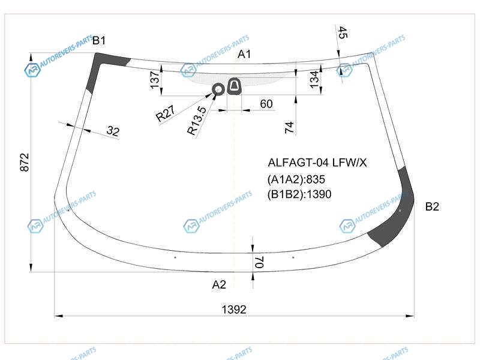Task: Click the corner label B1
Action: pos(99,40)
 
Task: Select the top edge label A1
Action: pos(244,54)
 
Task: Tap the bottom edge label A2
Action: pos(219,284)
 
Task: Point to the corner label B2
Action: pos(432,206)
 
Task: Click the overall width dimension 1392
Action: pos(234,310)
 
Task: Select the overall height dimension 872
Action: pos(25,162)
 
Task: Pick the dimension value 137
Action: pos(155,80)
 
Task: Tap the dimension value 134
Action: pos(314,80)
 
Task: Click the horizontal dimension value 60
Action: pos(266,104)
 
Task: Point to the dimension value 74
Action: pos(289,127)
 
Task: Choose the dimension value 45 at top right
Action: pos(343,32)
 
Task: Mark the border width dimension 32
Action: pos(113,131)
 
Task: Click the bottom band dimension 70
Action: pos(259,262)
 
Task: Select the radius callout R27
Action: pos(165,113)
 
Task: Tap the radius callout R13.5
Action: pos(197,121)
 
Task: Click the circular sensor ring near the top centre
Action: pos(218,89)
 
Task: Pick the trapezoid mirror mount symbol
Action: pos(234,86)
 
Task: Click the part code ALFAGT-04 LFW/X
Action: pos(317,163)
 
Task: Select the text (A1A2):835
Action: pos(296,179)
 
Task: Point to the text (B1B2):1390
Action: pos(299,194)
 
